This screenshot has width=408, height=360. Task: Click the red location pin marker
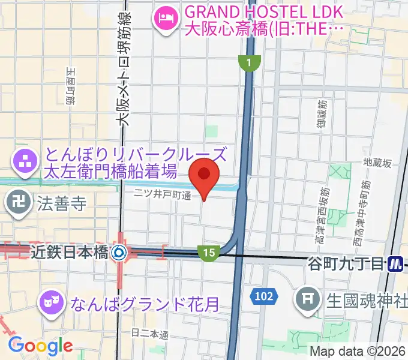pyautogui.click(x=204, y=175)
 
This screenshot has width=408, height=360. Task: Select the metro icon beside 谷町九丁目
pyautogui.click(x=394, y=263)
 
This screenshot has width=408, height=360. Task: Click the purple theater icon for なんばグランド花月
pyautogui.click(x=50, y=300)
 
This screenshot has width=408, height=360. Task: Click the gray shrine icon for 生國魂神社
pyautogui.click(x=308, y=298)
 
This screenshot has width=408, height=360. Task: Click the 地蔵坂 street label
pyautogui.click(x=377, y=163)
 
